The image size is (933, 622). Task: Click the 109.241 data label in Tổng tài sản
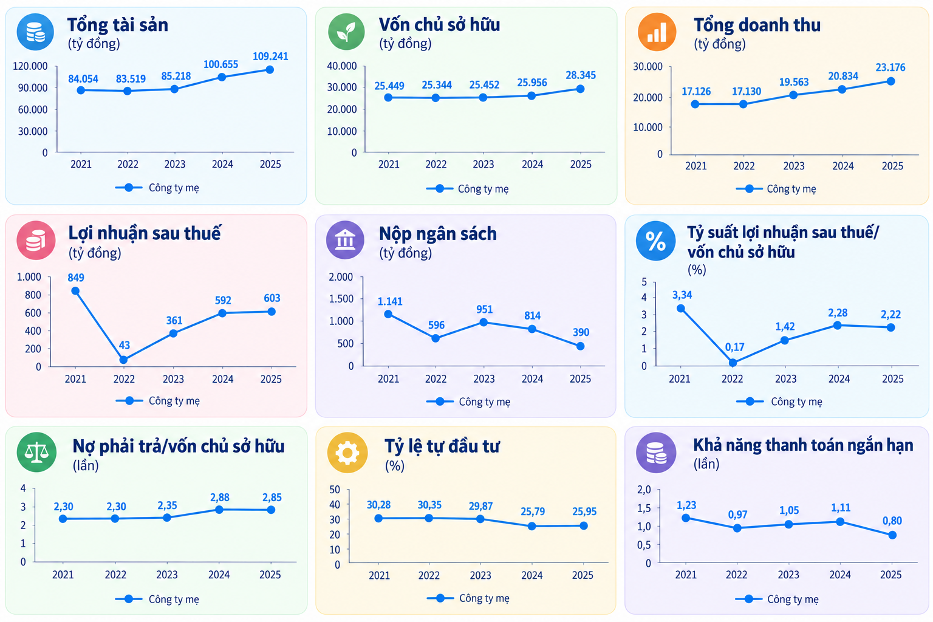point(270,56)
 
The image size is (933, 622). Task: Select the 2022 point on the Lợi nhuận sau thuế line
point(123,360)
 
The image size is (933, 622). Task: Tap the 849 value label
point(76,278)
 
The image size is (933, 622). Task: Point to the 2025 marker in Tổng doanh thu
point(890,81)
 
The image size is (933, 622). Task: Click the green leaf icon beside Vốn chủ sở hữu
point(346,32)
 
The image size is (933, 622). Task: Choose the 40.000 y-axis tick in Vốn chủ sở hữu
point(341,66)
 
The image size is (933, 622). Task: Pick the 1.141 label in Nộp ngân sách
point(390,301)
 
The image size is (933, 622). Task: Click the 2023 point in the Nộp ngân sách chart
point(483,323)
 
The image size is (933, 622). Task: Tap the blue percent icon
point(655,241)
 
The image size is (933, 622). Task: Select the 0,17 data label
point(734,347)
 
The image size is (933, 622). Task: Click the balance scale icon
point(36,452)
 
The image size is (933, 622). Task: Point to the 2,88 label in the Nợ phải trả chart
point(219,497)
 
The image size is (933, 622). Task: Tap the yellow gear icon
point(347,453)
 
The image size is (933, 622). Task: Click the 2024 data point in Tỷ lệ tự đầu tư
point(531,526)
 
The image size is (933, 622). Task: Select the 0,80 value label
point(892,521)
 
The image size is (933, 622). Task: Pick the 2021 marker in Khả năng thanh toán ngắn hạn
point(686,518)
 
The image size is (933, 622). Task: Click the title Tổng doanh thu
point(757,25)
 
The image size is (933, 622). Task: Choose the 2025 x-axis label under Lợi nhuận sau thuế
point(271,378)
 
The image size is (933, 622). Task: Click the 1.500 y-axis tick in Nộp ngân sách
point(341,299)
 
